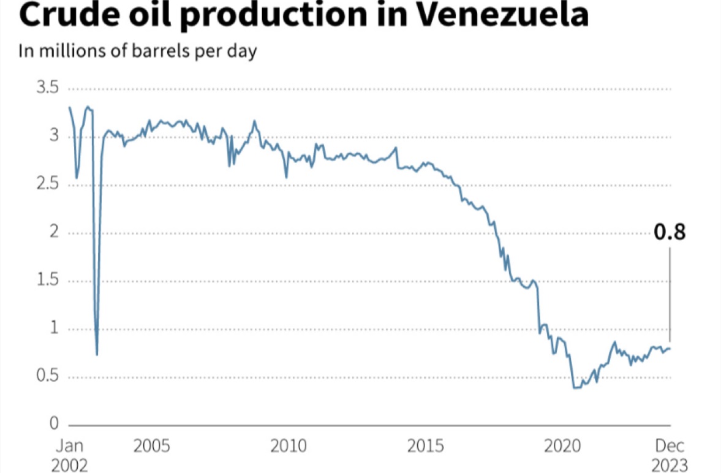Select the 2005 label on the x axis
coord(151,445)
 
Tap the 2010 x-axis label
coord(288,445)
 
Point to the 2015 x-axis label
coord(425,445)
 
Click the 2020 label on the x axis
coord(562,445)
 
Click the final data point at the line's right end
coord(670,349)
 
